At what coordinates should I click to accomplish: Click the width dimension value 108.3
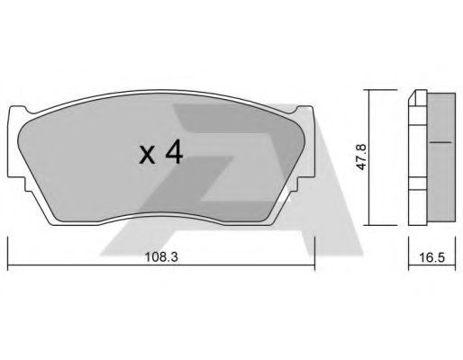[x=161, y=257]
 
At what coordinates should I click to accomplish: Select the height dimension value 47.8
[x=361, y=157]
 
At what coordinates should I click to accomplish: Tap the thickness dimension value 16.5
[x=431, y=257]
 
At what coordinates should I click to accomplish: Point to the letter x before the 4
[x=148, y=156]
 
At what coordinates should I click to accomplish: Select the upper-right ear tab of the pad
[x=304, y=110]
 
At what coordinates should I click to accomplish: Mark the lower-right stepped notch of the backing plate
[x=302, y=183]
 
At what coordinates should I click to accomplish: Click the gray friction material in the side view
[x=441, y=157]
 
